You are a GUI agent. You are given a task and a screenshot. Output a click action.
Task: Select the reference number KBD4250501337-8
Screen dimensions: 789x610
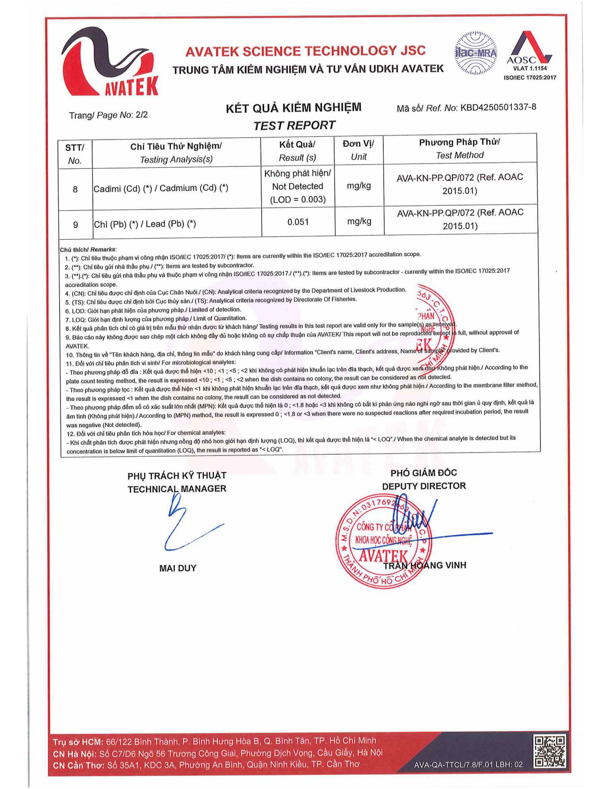pyautogui.click(x=498, y=107)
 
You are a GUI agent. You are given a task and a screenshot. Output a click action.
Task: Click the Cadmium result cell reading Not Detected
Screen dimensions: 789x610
pyautogui.click(x=298, y=186)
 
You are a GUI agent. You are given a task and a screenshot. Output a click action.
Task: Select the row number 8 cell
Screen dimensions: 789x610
pyautogui.click(x=75, y=189)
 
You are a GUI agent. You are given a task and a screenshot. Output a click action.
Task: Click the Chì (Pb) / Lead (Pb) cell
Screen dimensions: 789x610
pyautogui.click(x=144, y=224)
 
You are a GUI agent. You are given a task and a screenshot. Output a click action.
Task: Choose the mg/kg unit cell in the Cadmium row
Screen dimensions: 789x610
pyautogui.click(x=359, y=186)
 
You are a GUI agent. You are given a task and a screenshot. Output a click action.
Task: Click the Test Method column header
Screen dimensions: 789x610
pyautogui.click(x=459, y=148)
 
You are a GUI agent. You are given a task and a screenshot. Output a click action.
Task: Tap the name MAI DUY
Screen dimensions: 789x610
pyautogui.click(x=177, y=568)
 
